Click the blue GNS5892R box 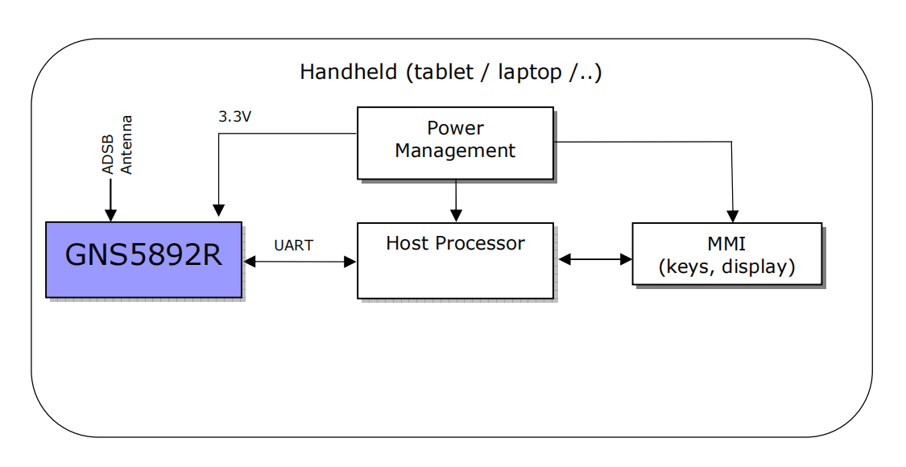coord(144,259)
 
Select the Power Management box coord(455,143)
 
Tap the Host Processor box coord(455,261)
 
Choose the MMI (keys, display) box coord(727,254)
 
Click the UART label coord(293,246)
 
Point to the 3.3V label coord(234,117)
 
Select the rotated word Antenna coord(126,144)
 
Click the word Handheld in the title coord(349,72)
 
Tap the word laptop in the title coord(530,72)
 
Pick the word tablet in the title coord(444,72)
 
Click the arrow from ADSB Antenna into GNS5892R coord(110,200)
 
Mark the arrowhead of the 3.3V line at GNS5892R coord(218,210)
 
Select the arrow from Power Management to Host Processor coord(456,200)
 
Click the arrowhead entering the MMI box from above coord(733,216)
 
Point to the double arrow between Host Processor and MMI coord(595,259)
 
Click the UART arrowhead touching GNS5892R coord(250,261)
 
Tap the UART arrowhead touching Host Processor coord(350,262)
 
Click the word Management coord(455,151)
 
